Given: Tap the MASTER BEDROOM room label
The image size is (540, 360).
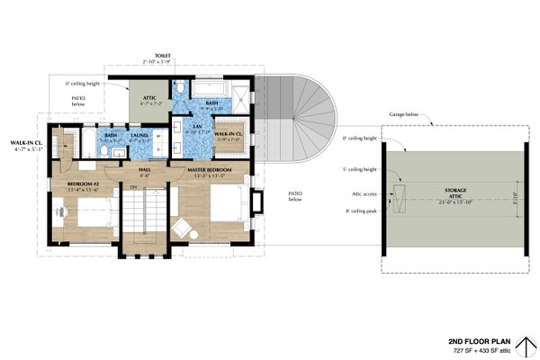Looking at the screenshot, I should [x=210, y=169].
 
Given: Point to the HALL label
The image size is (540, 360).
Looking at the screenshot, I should [x=143, y=169].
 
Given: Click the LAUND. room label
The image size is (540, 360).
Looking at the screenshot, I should [x=139, y=135].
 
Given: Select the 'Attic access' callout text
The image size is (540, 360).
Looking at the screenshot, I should [x=362, y=193].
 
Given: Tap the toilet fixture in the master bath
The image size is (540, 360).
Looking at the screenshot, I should [x=181, y=88].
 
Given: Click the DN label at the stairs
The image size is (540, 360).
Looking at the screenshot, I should [x=133, y=187].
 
